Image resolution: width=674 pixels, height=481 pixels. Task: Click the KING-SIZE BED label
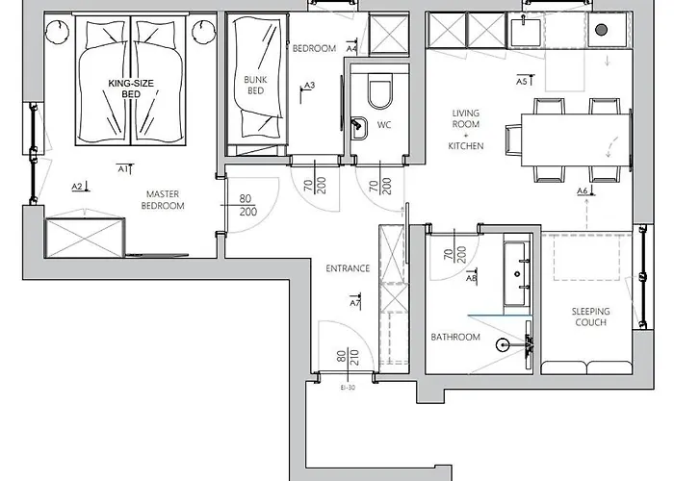(x=131, y=89)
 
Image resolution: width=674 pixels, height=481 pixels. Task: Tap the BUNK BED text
(x=255, y=85)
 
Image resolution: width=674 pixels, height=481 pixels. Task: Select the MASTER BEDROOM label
(x=163, y=200)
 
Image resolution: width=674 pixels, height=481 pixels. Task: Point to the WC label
(x=384, y=125)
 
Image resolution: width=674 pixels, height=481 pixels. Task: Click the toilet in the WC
(x=380, y=90)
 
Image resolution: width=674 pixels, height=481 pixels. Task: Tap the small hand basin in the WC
(x=358, y=128)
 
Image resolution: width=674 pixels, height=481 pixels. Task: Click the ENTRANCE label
(x=348, y=268)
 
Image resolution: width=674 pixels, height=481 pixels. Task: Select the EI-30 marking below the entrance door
(x=348, y=388)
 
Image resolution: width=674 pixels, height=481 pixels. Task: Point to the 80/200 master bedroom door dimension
(x=248, y=205)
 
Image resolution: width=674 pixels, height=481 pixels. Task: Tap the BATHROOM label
(x=455, y=337)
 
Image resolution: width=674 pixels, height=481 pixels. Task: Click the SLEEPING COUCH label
(x=590, y=316)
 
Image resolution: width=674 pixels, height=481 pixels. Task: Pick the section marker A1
(x=125, y=168)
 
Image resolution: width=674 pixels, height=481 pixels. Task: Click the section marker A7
(x=355, y=301)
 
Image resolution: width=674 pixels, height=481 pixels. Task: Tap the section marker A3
(x=307, y=90)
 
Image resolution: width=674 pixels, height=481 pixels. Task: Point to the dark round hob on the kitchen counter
(x=602, y=30)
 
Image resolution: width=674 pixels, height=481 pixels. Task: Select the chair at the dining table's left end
(x=513, y=139)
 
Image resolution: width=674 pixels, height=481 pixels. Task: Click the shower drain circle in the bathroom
(x=503, y=344)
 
